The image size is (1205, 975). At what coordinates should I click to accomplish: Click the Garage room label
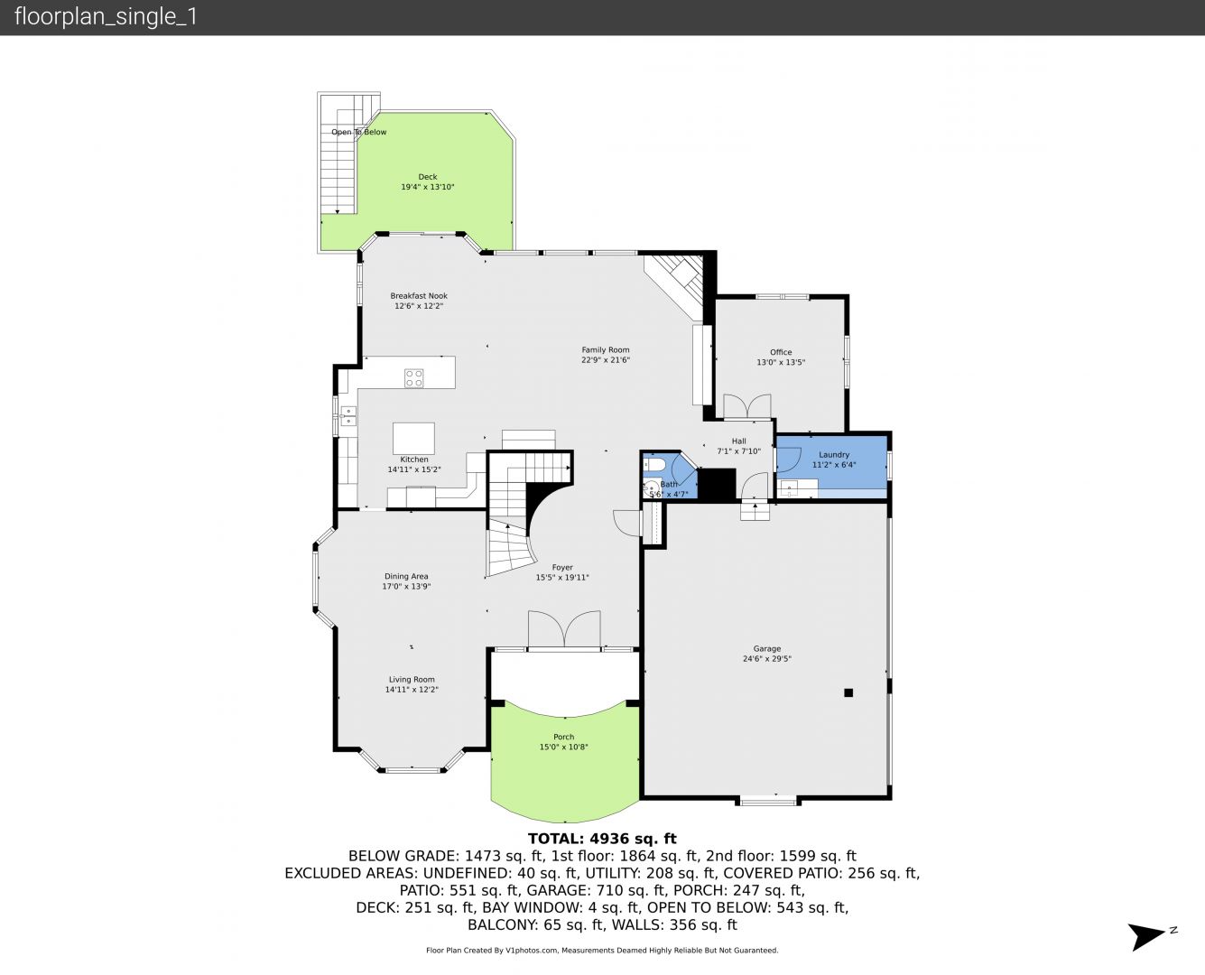point(766,648)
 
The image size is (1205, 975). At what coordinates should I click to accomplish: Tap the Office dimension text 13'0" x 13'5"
point(781,362)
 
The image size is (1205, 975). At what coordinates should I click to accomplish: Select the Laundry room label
point(834,454)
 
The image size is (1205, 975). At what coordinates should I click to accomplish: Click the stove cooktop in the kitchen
point(413,378)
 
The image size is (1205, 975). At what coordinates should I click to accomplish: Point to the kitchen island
point(413,439)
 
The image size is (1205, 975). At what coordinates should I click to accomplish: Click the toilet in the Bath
point(653,465)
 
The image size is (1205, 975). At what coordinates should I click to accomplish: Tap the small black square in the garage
point(848,692)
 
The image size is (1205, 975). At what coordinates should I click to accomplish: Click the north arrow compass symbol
point(1146,936)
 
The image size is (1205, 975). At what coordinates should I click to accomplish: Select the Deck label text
point(428,177)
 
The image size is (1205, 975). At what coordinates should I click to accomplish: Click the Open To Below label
point(358,132)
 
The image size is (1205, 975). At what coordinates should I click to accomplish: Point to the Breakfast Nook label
point(419,295)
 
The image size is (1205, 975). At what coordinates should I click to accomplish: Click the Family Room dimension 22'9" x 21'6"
point(606,360)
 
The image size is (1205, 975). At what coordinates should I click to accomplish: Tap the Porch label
point(563,737)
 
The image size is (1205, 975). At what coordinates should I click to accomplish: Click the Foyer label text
point(562,567)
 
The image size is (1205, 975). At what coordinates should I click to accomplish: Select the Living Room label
point(412,680)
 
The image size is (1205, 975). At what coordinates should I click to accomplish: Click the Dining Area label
point(406,576)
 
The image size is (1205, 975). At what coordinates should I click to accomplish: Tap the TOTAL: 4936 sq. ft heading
point(602,839)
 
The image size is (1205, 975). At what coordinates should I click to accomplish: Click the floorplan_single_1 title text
point(106,17)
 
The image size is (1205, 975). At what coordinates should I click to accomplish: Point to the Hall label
point(739,441)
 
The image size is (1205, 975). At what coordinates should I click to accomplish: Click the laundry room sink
point(789,487)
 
